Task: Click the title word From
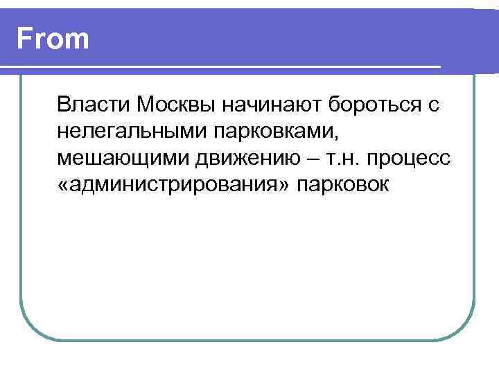53,39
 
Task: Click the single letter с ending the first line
434,105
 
